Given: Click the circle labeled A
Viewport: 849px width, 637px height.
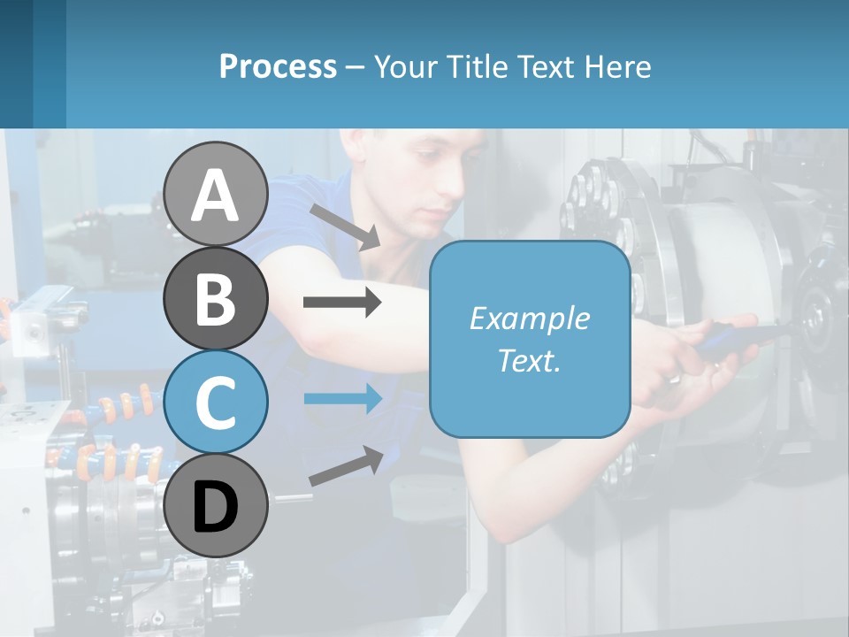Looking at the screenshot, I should tap(215, 194).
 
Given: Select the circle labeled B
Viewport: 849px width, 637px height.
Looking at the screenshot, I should tap(215, 298).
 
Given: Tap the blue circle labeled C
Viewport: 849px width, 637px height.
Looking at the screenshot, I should tap(215, 403).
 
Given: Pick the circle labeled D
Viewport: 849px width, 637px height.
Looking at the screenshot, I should tap(215, 505).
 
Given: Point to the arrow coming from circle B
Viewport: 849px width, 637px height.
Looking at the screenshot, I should tap(342, 303).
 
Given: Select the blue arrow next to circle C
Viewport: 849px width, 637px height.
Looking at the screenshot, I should tap(342, 398).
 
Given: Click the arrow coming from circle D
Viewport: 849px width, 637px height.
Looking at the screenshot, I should tap(346, 466).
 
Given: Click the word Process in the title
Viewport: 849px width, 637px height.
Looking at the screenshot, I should tap(278, 67).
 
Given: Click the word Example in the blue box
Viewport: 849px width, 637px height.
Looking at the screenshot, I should tap(530, 318).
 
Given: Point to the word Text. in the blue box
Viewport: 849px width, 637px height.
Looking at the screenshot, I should tap(530, 360).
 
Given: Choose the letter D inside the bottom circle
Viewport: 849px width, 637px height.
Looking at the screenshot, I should tap(215, 507).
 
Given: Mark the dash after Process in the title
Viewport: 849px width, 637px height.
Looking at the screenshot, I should tap(355, 67).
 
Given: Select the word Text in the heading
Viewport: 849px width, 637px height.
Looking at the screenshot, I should tap(545, 67).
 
